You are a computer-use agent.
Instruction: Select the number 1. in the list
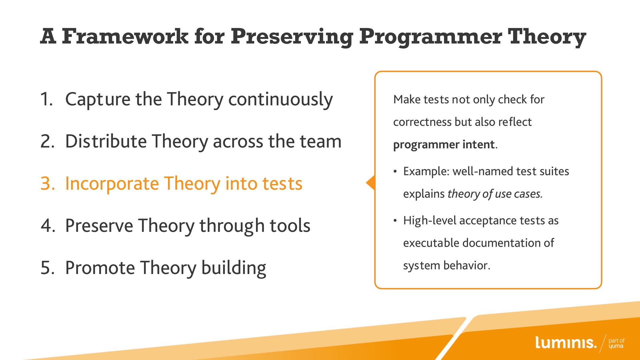(x=47, y=99)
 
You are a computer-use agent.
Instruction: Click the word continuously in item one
(x=280, y=100)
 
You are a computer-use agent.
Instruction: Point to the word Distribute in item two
(x=106, y=141)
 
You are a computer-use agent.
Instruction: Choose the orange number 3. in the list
(x=48, y=183)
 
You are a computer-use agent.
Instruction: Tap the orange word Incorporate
(x=112, y=184)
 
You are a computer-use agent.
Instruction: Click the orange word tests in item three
(x=282, y=184)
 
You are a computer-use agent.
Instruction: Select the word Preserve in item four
(x=99, y=226)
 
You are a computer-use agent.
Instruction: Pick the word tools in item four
(x=290, y=226)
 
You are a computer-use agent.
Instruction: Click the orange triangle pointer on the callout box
(x=371, y=183)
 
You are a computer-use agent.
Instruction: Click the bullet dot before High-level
(x=395, y=221)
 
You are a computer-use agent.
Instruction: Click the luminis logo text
(x=566, y=342)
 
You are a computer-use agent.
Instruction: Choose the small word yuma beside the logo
(x=616, y=346)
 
